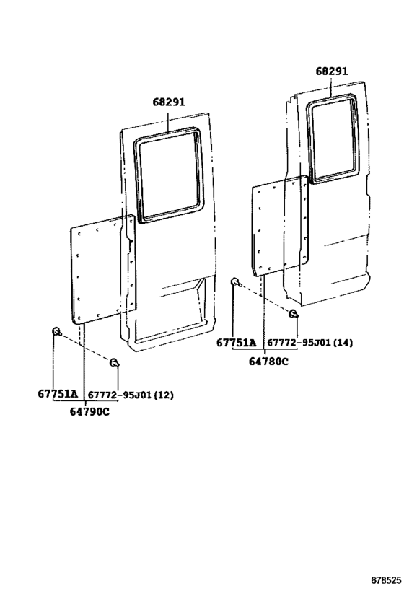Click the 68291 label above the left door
169,102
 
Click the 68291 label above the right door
332,71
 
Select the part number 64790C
89,411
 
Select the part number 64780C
268,362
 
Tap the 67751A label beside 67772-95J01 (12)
58,394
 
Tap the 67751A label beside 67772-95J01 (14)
237,343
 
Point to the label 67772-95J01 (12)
131,395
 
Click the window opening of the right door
333,139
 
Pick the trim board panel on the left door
102,269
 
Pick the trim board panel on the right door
280,225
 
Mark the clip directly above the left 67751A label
56,331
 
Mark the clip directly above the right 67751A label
235,281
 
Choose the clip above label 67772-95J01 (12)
114,363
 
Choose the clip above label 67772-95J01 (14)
293,314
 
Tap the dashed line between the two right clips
265,297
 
